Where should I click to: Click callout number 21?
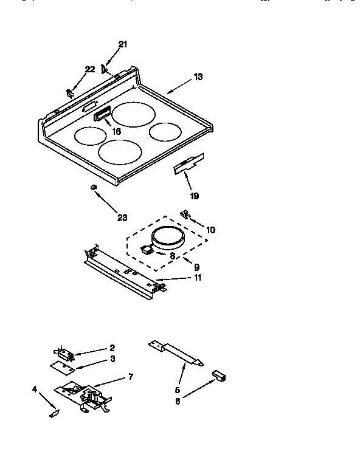point(123,44)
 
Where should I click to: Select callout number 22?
point(90,69)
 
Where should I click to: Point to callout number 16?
point(116,131)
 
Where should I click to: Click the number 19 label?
point(194,196)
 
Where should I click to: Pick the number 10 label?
point(210,230)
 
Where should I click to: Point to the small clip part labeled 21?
point(105,69)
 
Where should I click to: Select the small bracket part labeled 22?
point(70,92)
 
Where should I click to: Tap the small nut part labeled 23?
point(93,187)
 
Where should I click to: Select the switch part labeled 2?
point(63,352)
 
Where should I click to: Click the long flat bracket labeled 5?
point(177,353)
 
